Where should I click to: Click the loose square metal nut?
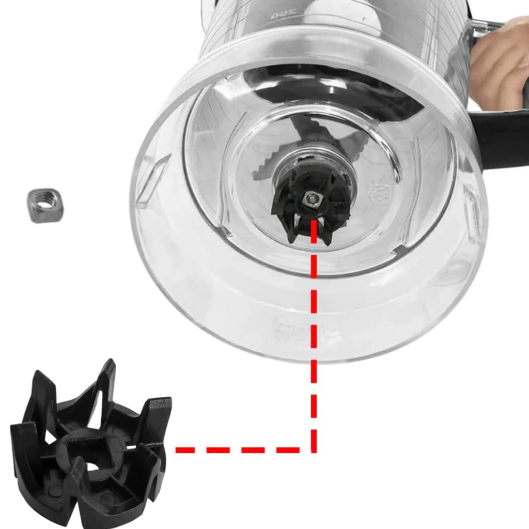[45, 205]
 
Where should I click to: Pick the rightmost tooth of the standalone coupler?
[158, 413]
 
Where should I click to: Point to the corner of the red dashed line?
[314, 450]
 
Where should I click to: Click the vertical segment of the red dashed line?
[314, 336]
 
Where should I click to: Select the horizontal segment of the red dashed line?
[243, 450]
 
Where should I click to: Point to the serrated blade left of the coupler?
[266, 165]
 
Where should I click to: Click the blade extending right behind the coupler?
[356, 139]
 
